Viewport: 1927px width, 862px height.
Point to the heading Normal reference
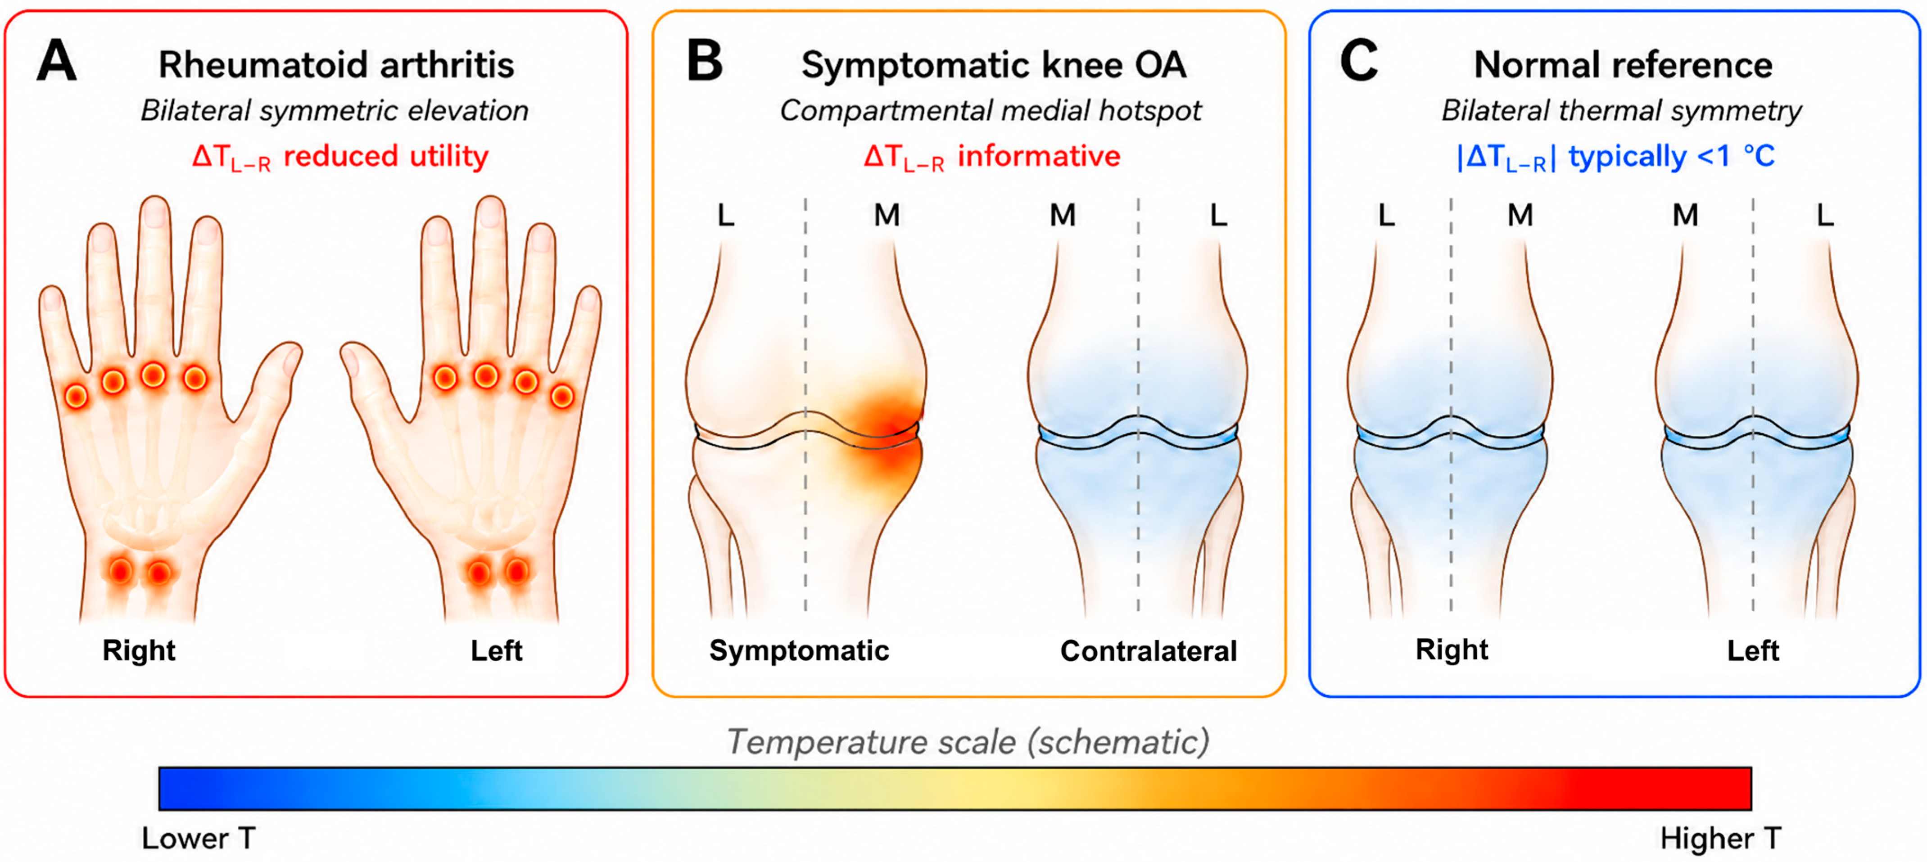[1623, 65]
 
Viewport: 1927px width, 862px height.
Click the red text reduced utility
[385, 156]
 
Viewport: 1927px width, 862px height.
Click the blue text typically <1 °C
[1672, 156]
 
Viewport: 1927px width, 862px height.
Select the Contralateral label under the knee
[1148, 651]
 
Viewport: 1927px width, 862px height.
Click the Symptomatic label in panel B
[799, 651]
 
